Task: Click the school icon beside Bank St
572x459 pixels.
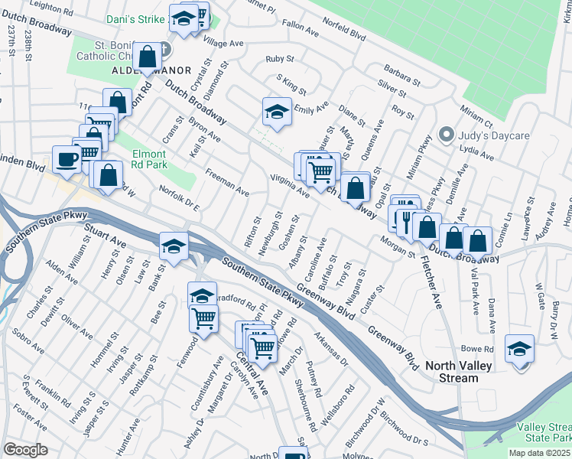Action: pos(174,246)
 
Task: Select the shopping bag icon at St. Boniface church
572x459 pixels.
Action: pos(147,56)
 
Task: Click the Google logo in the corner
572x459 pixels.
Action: pos(25,450)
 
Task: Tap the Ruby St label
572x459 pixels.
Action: pos(279,59)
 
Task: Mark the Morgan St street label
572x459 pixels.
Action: pos(397,247)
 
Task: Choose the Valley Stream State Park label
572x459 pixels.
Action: pos(544,432)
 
